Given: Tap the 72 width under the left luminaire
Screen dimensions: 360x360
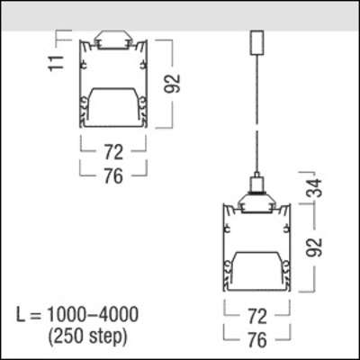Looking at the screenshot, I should pyautogui.click(x=112, y=152).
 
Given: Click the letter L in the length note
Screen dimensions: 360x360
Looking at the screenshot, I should pyautogui.click(x=23, y=316).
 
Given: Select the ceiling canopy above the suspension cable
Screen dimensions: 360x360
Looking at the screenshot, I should pyautogui.click(x=256, y=42).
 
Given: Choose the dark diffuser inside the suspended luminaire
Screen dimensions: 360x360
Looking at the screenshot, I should pyautogui.click(x=256, y=268).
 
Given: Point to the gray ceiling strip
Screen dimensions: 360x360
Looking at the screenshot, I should pyautogui.click(x=180, y=15).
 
